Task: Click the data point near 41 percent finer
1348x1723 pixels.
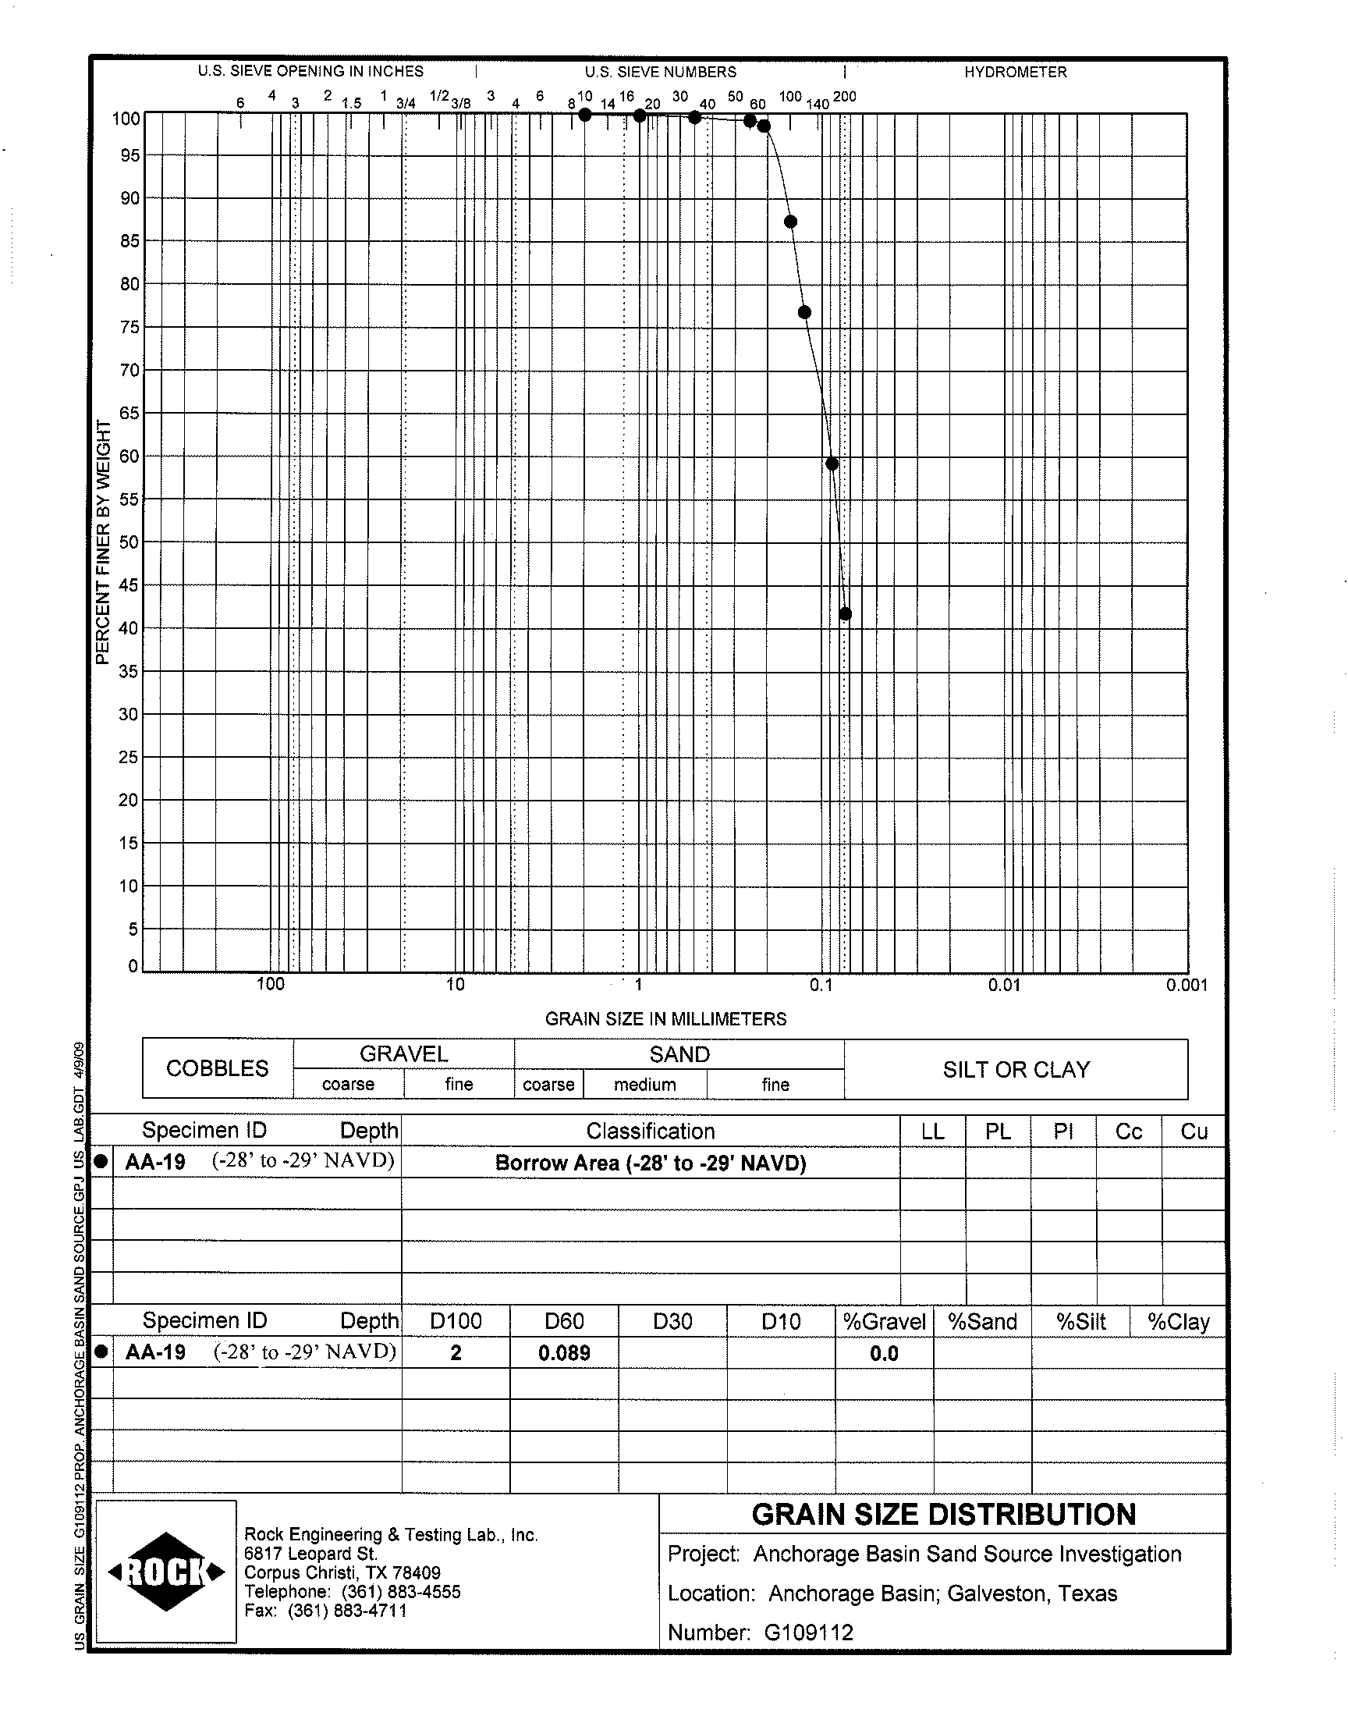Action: click(x=845, y=613)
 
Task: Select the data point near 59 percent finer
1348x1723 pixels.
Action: click(x=832, y=464)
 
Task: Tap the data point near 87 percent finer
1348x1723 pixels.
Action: click(x=790, y=222)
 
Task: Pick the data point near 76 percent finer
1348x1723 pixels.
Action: click(x=804, y=313)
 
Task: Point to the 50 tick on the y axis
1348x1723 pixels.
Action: click(x=129, y=542)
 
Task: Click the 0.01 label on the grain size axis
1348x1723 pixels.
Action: click(x=1004, y=985)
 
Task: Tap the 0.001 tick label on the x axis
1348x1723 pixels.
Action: click(x=1187, y=985)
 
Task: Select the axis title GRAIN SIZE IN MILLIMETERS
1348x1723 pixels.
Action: click(x=665, y=1019)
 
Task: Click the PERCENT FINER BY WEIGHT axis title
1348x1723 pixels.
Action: click(x=102, y=542)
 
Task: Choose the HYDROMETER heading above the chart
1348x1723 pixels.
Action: click(x=1015, y=72)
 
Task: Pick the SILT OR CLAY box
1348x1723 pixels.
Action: click(x=1016, y=1070)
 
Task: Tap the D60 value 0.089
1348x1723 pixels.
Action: click(x=564, y=1353)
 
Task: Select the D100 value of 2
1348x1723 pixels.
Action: click(x=456, y=1353)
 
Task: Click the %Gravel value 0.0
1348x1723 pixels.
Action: click(x=884, y=1354)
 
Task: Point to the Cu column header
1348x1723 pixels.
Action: click(x=1194, y=1131)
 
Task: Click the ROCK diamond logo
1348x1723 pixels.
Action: click(x=166, y=1572)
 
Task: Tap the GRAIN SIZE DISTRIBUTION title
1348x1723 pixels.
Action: click(x=943, y=1515)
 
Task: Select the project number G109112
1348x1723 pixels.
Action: click(x=808, y=1632)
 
